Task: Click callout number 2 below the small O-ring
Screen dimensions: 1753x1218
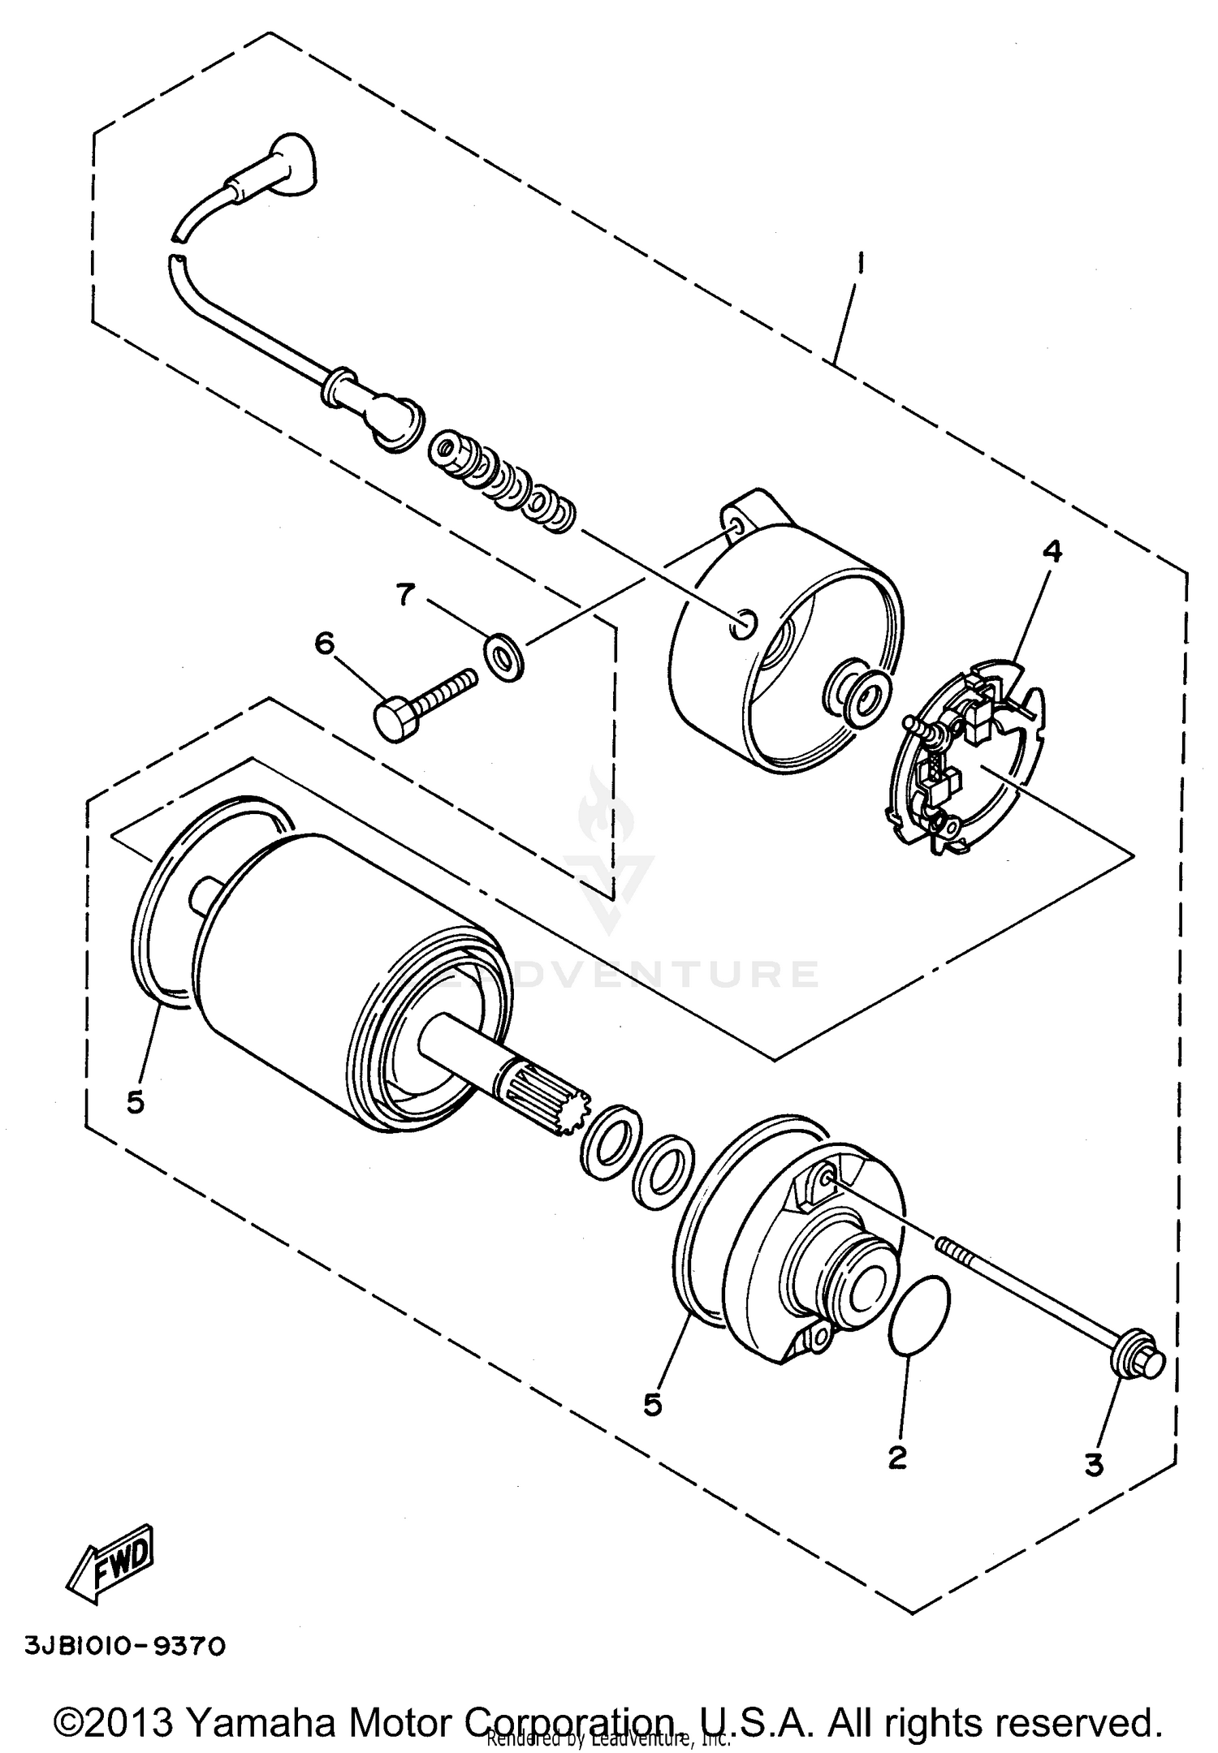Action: (896, 1457)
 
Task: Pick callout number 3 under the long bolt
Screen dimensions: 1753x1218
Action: (1093, 1465)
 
